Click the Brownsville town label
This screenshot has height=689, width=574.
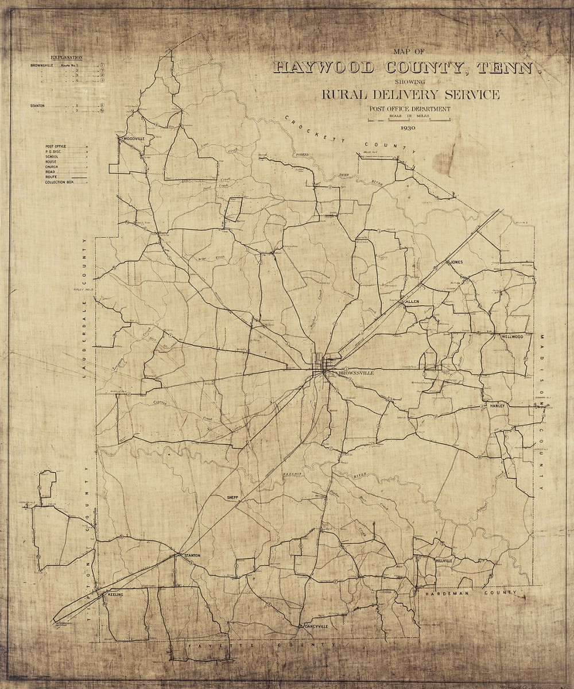click(357, 373)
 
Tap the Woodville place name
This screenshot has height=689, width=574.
click(131, 138)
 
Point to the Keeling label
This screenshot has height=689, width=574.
click(115, 595)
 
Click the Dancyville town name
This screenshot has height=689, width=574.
click(316, 626)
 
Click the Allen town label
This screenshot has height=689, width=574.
click(413, 301)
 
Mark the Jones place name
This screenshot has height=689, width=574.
click(456, 262)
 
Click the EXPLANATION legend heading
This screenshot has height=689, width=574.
click(67, 58)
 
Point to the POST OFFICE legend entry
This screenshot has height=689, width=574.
click(56, 146)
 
